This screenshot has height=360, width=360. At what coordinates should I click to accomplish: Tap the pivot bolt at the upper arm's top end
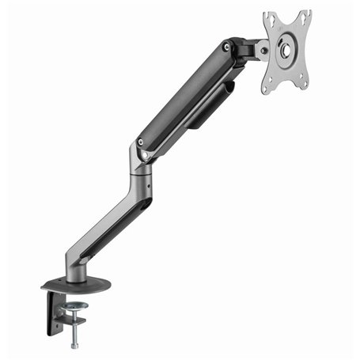pyautogui.click(x=227, y=47)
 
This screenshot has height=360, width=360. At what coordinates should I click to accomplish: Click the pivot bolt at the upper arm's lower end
pyautogui.click(x=141, y=142)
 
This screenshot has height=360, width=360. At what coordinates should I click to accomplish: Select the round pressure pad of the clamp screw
pyautogui.click(x=74, y=305)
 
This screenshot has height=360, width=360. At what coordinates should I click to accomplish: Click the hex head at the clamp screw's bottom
pyautogui.click(x=75, y=345)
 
